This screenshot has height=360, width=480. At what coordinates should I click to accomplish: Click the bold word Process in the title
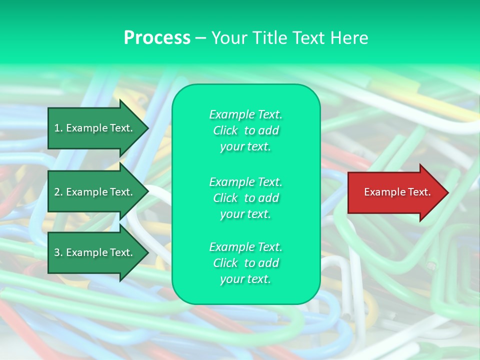point(157,38)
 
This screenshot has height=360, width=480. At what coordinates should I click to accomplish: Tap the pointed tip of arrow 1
point(147,128)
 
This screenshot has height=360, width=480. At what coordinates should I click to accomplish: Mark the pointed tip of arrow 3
point(147,252)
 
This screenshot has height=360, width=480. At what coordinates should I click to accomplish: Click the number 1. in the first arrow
point(58,128)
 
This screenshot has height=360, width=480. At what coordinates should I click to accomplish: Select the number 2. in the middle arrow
point(58,192)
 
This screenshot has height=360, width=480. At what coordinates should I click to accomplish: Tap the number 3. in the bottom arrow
point(58,252)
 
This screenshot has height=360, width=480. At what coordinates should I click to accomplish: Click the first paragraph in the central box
point(245,130)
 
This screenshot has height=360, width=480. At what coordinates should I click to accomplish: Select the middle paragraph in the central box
point(245,198)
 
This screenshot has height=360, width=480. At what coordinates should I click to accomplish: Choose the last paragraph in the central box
point(245,263)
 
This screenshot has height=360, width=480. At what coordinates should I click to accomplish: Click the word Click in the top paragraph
point(225,130)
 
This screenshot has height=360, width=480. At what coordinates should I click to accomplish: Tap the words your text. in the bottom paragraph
point(245,279)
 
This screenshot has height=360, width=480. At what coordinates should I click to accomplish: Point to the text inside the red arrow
point(397,192)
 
